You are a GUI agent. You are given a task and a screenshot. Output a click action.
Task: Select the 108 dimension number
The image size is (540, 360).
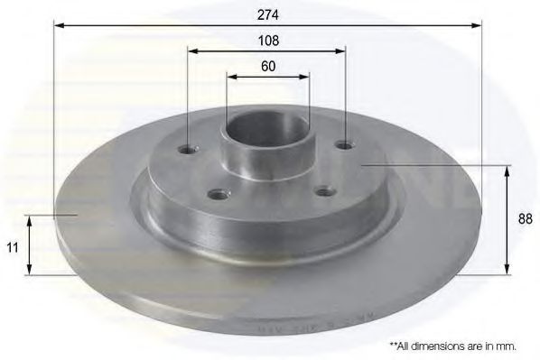pos(267,41)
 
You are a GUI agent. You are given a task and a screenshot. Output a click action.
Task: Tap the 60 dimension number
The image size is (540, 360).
pos(267,66)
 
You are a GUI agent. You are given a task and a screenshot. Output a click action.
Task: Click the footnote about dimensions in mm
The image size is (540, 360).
pos(452,346)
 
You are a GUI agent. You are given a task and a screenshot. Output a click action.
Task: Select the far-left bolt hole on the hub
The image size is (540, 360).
pos(188,150)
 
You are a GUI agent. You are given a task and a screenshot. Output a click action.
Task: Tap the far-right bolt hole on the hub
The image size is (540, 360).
pos(343,143)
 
